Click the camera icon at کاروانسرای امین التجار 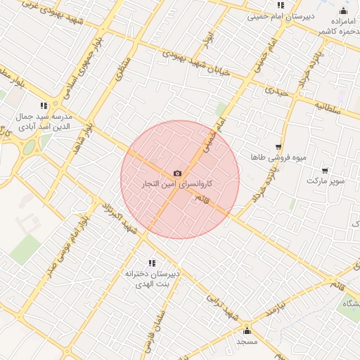click(177, 173)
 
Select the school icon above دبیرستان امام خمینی click(281, 5)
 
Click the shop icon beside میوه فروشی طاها click(278, 148)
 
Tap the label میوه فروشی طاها click(281, 157)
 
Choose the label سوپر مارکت click(326, 181)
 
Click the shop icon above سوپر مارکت click(325, 170)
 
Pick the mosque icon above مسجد click(247, 330)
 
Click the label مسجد click(247, 341)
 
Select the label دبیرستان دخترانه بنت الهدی click(153, 277)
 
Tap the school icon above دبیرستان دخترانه click(152, 262)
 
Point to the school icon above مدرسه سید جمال click(44, 105)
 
